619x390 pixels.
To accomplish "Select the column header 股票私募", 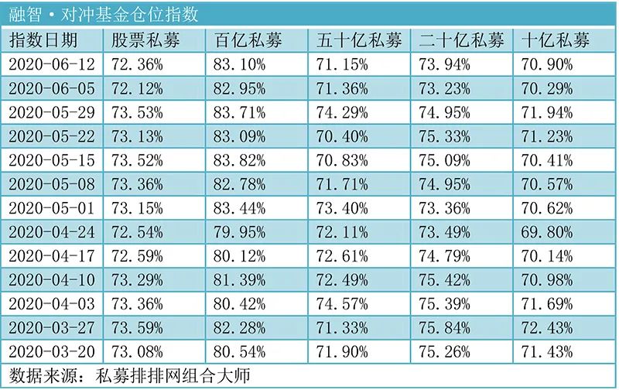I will coord(147,40).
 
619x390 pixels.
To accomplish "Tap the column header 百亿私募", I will coord(249,40).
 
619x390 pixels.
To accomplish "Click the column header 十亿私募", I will coord(556,40).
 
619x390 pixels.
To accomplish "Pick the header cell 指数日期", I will coord(43,40).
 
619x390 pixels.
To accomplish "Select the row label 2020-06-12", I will coord(52,64).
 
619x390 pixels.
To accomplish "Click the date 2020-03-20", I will coord(52,352).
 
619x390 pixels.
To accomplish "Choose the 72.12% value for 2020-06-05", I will coord(138,88).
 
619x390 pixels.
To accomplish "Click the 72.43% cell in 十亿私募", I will coord(549,328).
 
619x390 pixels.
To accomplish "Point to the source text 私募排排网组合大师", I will coord(174,376).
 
